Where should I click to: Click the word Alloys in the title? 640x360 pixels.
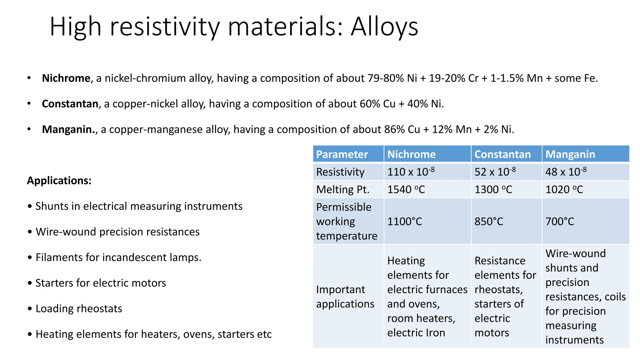click(x=384, y=27)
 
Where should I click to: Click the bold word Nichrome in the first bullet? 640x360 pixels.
click(x=66, y=78)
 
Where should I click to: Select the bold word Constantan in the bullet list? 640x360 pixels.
click(x=70, y=104)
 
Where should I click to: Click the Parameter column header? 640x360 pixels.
click(x=342, y=154)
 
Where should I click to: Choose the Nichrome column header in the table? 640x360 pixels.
click(x=411, y=154)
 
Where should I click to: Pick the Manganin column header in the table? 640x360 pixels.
click(x=570, y=154)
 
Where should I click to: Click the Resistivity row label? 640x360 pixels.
click(x=340, y=172)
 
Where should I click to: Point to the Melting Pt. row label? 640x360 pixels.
click(x=342, y=189)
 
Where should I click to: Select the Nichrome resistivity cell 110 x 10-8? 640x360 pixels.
click(x=411, y=172)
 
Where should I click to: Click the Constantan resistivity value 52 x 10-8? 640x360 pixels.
click(x=495, y=172)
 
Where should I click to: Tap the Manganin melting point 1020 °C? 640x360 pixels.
click(x=564, y=189)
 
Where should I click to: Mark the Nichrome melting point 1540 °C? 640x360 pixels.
click(x=406, y=189)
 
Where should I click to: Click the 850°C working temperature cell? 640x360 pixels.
click(x=489, y=221)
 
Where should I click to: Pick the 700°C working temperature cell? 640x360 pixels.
click(x=560, y=221)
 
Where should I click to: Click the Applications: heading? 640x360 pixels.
click(x=59, y=181)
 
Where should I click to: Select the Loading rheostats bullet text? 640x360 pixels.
click(x=79, y=308)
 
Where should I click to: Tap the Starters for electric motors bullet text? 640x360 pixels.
click(x=101, y=283)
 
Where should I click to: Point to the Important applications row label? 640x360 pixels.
click(x=345, y=297)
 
